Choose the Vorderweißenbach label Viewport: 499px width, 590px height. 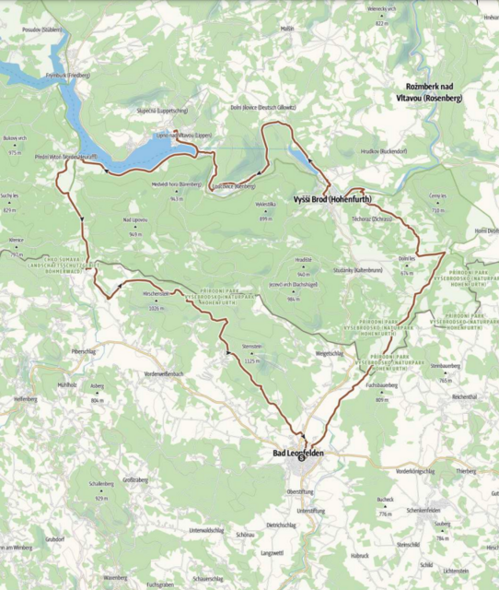[x=165, y=373]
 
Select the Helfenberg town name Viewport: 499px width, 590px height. [x=25, y=399]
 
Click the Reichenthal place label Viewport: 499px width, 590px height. [x=464, y=395]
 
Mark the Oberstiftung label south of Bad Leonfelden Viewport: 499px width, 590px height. [x=301, y=491]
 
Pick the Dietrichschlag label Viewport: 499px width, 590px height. [x=280, y=525]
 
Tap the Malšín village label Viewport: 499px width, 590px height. [x=288, y=29]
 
